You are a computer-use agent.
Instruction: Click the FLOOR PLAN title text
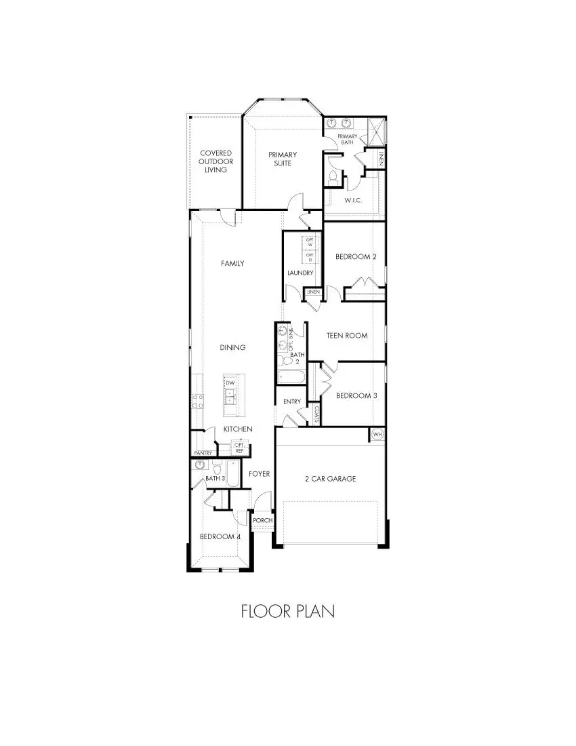pyautogui.click(x=287, y=611)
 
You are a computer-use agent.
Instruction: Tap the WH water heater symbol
pyautogui.click(x=377, y=434)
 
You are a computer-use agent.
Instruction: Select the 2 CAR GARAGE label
pyautogui.click(x=330, y=479)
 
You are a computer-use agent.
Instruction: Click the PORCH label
pyautogui.click(x=262, y=521)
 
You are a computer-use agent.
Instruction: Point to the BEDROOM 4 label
pyautogui.click(x=220, y=536)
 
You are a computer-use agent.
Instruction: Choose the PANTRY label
pyautogui.click(x=203, y=452)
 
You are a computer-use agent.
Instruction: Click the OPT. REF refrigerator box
pyautogui.click(x=239, y=448)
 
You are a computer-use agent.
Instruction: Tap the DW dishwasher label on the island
pyautogui.click(x=230, y=383)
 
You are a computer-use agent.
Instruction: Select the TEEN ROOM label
pyautogui.click(x=347, y=335)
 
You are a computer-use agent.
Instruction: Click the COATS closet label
pyautogui.click(x=316, y=414)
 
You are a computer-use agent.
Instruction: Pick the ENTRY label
pyautogui.click(x=292, y=401)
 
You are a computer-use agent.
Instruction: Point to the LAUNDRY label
pyautogui.click(x=300, y=273)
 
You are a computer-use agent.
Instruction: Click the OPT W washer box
pyautogui.click(x=310, y=241)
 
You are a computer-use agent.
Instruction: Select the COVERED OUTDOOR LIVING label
pyautogui.click(x=215, y=161)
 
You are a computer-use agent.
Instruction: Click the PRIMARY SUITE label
pyautogui.click(x=283, y=159)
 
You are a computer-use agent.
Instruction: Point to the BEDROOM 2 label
pyautogui.click(x=356, y=256)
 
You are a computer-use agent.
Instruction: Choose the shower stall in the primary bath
pyautogui.click(x=374, y=129)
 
